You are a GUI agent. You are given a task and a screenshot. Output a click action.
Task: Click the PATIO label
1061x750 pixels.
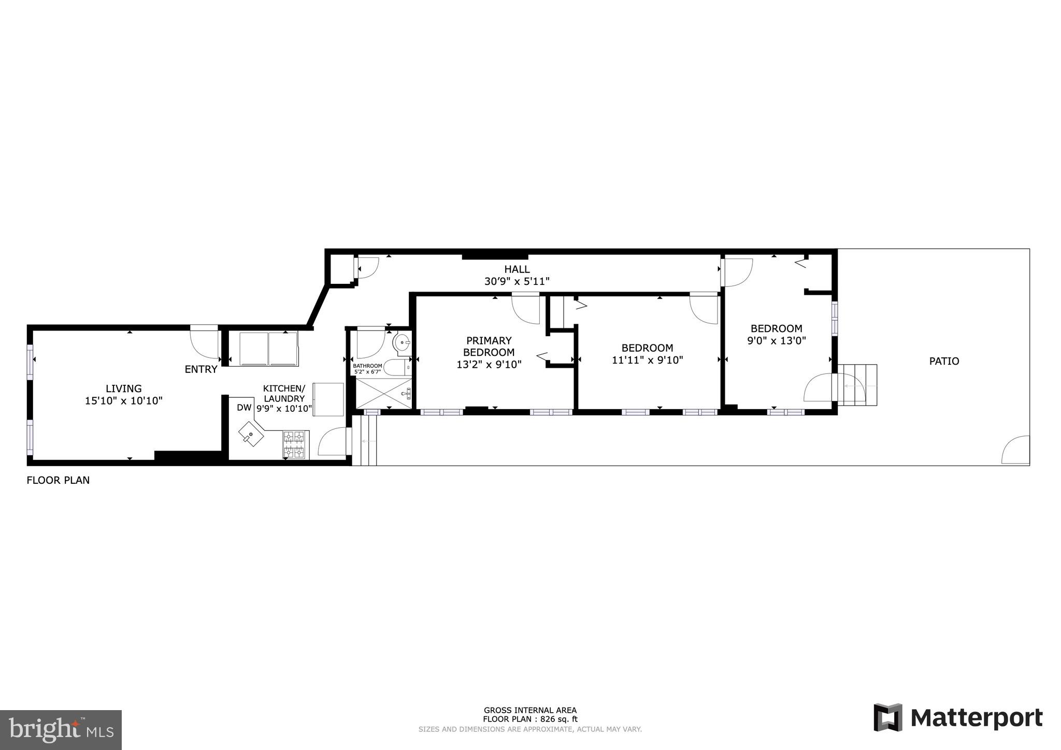pos(943,362)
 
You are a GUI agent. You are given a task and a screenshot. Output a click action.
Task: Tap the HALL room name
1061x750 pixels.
pos(517,269)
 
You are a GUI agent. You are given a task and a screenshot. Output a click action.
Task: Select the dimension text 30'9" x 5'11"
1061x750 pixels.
pos(517,281)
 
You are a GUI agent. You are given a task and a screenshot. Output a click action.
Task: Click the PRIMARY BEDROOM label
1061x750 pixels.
pos(489,346)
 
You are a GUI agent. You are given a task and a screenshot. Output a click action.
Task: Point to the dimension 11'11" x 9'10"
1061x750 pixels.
pos(647,360)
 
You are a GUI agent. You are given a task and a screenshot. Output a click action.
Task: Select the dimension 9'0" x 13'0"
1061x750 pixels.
pos(776,341)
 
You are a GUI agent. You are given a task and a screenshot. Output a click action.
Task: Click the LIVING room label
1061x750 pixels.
pos(123,388)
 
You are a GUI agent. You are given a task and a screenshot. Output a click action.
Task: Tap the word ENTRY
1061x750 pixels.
pos(201,369)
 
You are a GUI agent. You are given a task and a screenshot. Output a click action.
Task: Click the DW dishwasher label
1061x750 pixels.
pos(244,408)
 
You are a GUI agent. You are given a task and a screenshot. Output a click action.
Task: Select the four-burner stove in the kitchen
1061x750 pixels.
pos(295,444)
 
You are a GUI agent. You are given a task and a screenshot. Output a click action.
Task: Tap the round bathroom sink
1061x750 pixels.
pos(402,342)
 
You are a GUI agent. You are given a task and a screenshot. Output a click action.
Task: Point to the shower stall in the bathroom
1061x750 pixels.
pos(383,394)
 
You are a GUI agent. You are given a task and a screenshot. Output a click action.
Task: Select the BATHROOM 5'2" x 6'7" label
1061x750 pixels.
pos(367,369)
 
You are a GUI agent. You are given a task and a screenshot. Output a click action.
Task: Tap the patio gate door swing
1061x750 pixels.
pos(1016,451)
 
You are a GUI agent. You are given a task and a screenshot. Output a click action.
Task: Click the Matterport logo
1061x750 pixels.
pos(958,718)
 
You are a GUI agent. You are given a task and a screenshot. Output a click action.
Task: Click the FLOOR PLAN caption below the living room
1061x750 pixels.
pos(58,480)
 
